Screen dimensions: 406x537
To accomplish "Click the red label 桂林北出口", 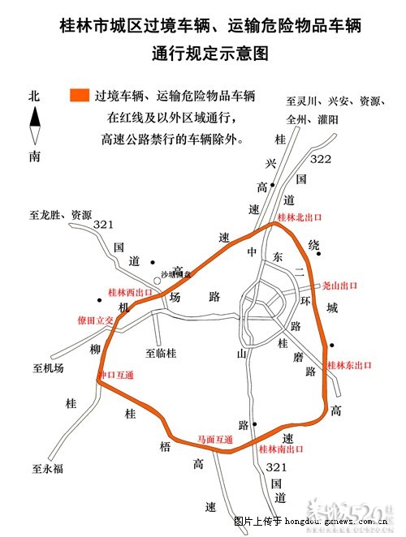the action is pyautogui.click(x=300, y=217).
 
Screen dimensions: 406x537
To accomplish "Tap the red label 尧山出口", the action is pyautogui.click(x=340, y=286).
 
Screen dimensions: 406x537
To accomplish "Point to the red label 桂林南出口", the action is pyautogui.click(x=280, y=449).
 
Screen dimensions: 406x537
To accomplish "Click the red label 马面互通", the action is pyautogui.click(x=215, y=440).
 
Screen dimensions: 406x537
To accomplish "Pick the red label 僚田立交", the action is pyautogui.click(x=95, y=319).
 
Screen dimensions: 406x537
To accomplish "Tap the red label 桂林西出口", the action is pyautogui.click(x=130, y=292).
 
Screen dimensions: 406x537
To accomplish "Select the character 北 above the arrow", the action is pyautogui.click(x=34, y=95).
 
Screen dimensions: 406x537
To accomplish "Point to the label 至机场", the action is pyautogui.click(x=48, y=368).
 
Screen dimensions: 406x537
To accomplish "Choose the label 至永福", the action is pyautogui.click(x=47, y=468).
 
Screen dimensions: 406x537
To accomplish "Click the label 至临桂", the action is pyautogui.click(x=161, y=353).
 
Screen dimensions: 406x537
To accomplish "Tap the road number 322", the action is pyautogui.click(x=321, y=159).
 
